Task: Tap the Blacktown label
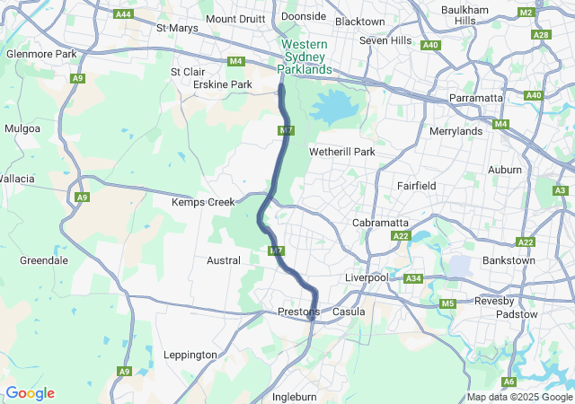[x=359, y=22]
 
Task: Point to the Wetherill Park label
[x=341, y=152]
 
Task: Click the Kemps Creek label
[x=203, y=202]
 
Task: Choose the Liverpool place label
[x=367, y=277]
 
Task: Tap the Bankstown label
[x=509, y=260]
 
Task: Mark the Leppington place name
[x=190, y=355]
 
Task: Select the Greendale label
[x=43, y=260]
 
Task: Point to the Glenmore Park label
[x=41, y=54]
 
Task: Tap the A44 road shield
[x=124, y=14]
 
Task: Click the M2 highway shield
[x=526, y=13]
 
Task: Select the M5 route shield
[x=448, y=304]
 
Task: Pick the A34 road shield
[x=413, y=279]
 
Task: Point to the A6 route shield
[x=509, y=382]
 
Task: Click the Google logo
[x=30, y=393]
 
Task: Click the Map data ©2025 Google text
[x=518, y=397]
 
